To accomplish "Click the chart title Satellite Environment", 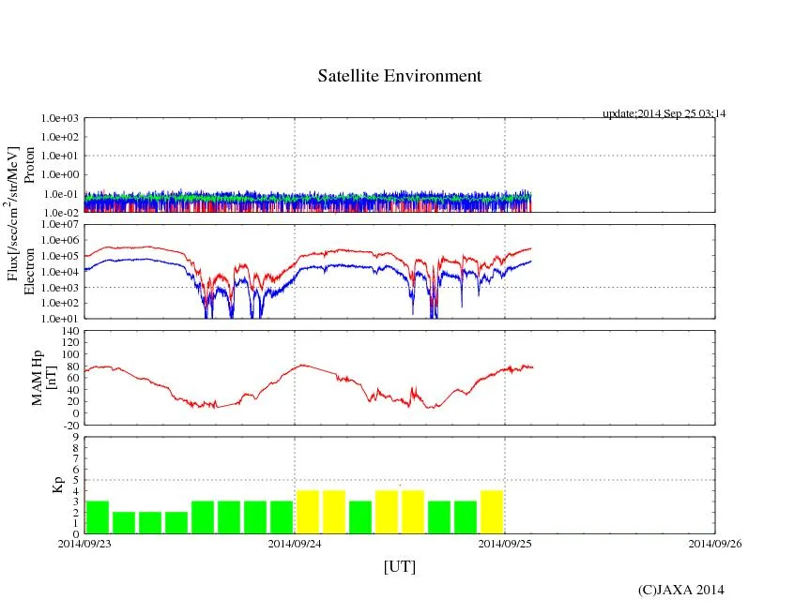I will point(399,76).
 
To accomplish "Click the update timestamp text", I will point(664,113).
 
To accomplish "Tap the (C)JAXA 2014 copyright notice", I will point(680,590).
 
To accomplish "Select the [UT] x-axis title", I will point(399,566).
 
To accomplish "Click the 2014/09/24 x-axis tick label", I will point(295,543).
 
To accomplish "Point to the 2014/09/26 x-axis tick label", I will point(715,543).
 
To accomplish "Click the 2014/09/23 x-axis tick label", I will point(84,543).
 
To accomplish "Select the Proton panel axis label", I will point(29,165).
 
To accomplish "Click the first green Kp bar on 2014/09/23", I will point(98,517).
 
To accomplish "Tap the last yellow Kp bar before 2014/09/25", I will point(492,512).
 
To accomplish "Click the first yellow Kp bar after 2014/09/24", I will point(308,512).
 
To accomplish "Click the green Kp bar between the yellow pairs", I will point(360,517).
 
